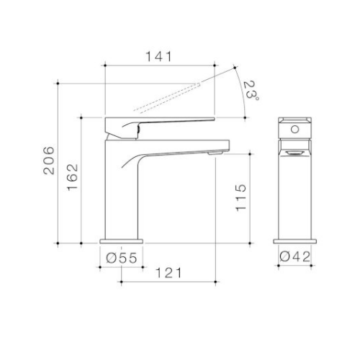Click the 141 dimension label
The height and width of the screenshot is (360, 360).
coord(159,57)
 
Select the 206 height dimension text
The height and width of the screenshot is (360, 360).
coord(49,160)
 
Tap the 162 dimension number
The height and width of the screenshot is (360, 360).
coord(73,177)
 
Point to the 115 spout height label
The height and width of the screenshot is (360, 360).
coord(241,198)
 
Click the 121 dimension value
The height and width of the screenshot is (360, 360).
coord(168,273)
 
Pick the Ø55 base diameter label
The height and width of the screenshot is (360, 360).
coord(122,258)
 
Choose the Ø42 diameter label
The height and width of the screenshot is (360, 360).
coord(295,256)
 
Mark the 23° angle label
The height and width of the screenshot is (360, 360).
coord(251,90)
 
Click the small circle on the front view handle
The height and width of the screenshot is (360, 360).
coord(294,130)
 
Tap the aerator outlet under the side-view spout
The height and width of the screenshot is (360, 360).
coord(215,153)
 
